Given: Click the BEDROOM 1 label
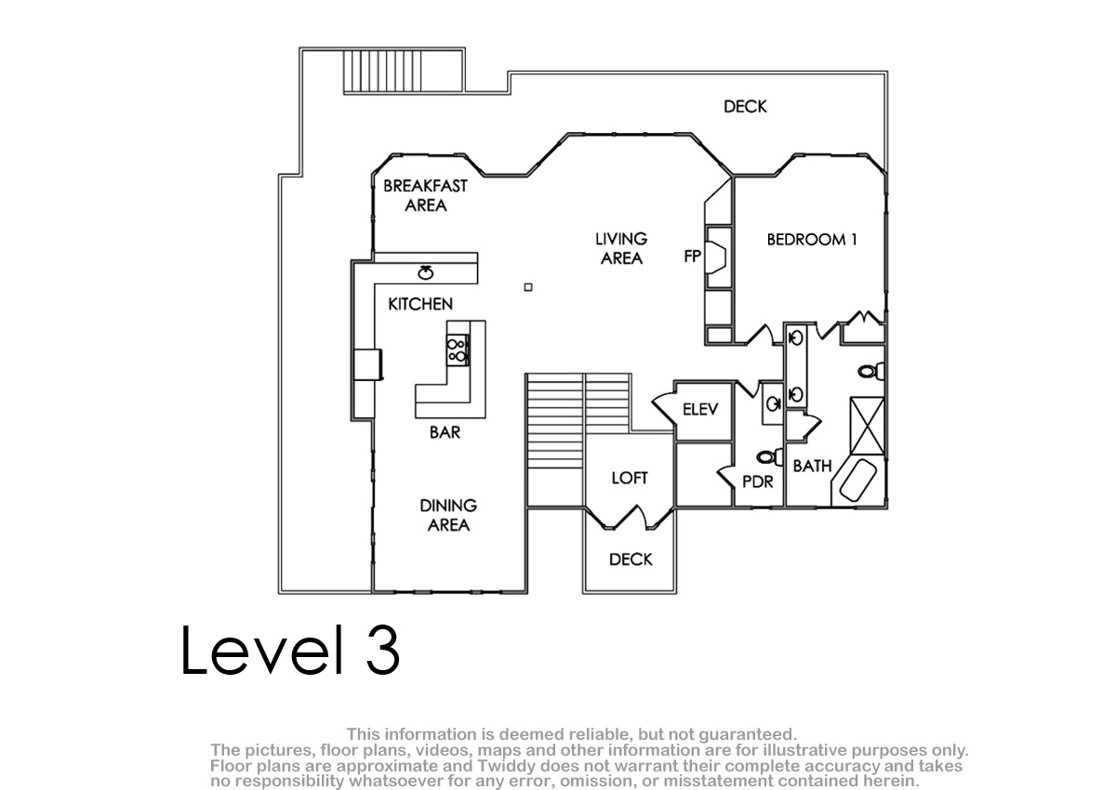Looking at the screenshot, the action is (812, 240).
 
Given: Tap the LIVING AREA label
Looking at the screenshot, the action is (621, 248).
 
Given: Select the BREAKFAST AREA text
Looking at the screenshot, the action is (426, 195).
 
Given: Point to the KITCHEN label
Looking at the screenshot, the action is (420, 304).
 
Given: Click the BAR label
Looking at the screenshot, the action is (445, 432).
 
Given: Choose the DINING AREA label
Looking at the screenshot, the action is (448, 515).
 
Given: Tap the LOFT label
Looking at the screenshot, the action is (630, 478).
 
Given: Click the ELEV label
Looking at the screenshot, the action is (700, 409).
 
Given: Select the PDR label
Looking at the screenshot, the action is (758, 481).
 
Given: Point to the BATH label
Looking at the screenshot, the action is (813, 466).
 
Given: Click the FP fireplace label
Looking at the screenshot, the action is (693, 256).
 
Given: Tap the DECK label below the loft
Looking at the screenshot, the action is (631, 559).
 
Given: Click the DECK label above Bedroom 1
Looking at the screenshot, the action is (745, 106).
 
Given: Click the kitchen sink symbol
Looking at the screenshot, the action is (426, 272).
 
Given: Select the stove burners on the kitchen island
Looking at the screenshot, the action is (457, 350).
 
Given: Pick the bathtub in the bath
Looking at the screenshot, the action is (857, 480).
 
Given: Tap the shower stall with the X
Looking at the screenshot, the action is (868, 426).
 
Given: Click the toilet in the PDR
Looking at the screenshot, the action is (769, 456).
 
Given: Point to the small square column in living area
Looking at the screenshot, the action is (528, 287).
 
